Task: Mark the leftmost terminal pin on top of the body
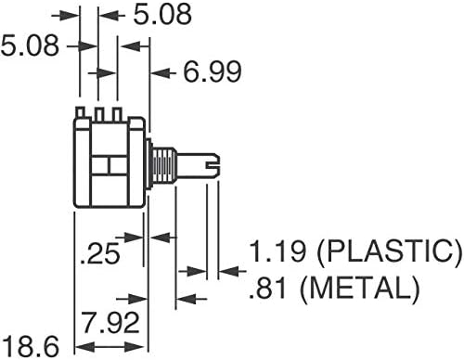(82, 113)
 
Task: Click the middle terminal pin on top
(99, 113)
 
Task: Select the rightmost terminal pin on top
(118, 113)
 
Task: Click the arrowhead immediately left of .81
(185, 299)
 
